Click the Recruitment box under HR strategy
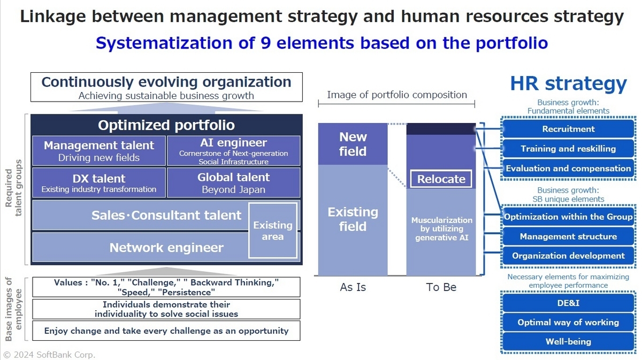(x=568, y=129)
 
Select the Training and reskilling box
(x=568, y=149)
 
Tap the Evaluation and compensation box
(x=568, y=168)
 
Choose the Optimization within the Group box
(x=568, y=217)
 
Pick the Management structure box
(x=568, y=236)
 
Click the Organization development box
(x=568, y=256)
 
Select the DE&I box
(x=568, y=303)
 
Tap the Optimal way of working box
(x=568, y=322)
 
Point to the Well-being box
(x=568, y=341)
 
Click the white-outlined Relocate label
(x=441, y=179)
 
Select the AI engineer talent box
(x=233, y=151)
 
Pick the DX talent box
(x=98, y=182)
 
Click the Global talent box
(x=233, y=182)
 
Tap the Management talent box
(x=98, y=151)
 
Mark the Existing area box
(x=273, y=231)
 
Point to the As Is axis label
(x=353, y=287)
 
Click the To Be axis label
(x=441, y=287)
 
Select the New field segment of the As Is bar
(x=353, y=144)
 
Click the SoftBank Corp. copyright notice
(x=49, y=354)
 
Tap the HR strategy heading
(x=568, y=84)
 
